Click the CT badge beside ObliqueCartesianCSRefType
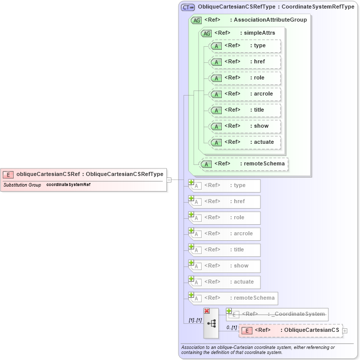point(188,7)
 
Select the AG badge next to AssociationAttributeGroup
point(197,20)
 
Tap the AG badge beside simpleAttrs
point(206,33)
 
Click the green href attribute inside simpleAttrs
point(245,62)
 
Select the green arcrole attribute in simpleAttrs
point(245,94)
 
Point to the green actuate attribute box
point(245,142)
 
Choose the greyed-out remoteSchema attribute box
point(233,298)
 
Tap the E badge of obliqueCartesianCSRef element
point(8,174)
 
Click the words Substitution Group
point(22,186)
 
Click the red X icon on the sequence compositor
point(207,311)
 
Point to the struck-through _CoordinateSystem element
point(278,314)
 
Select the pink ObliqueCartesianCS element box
point(291,330)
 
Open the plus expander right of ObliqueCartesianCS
point(345,330)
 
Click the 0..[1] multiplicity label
point(231,327)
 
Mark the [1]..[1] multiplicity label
point(195,320)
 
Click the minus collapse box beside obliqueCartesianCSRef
point(169,179)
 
